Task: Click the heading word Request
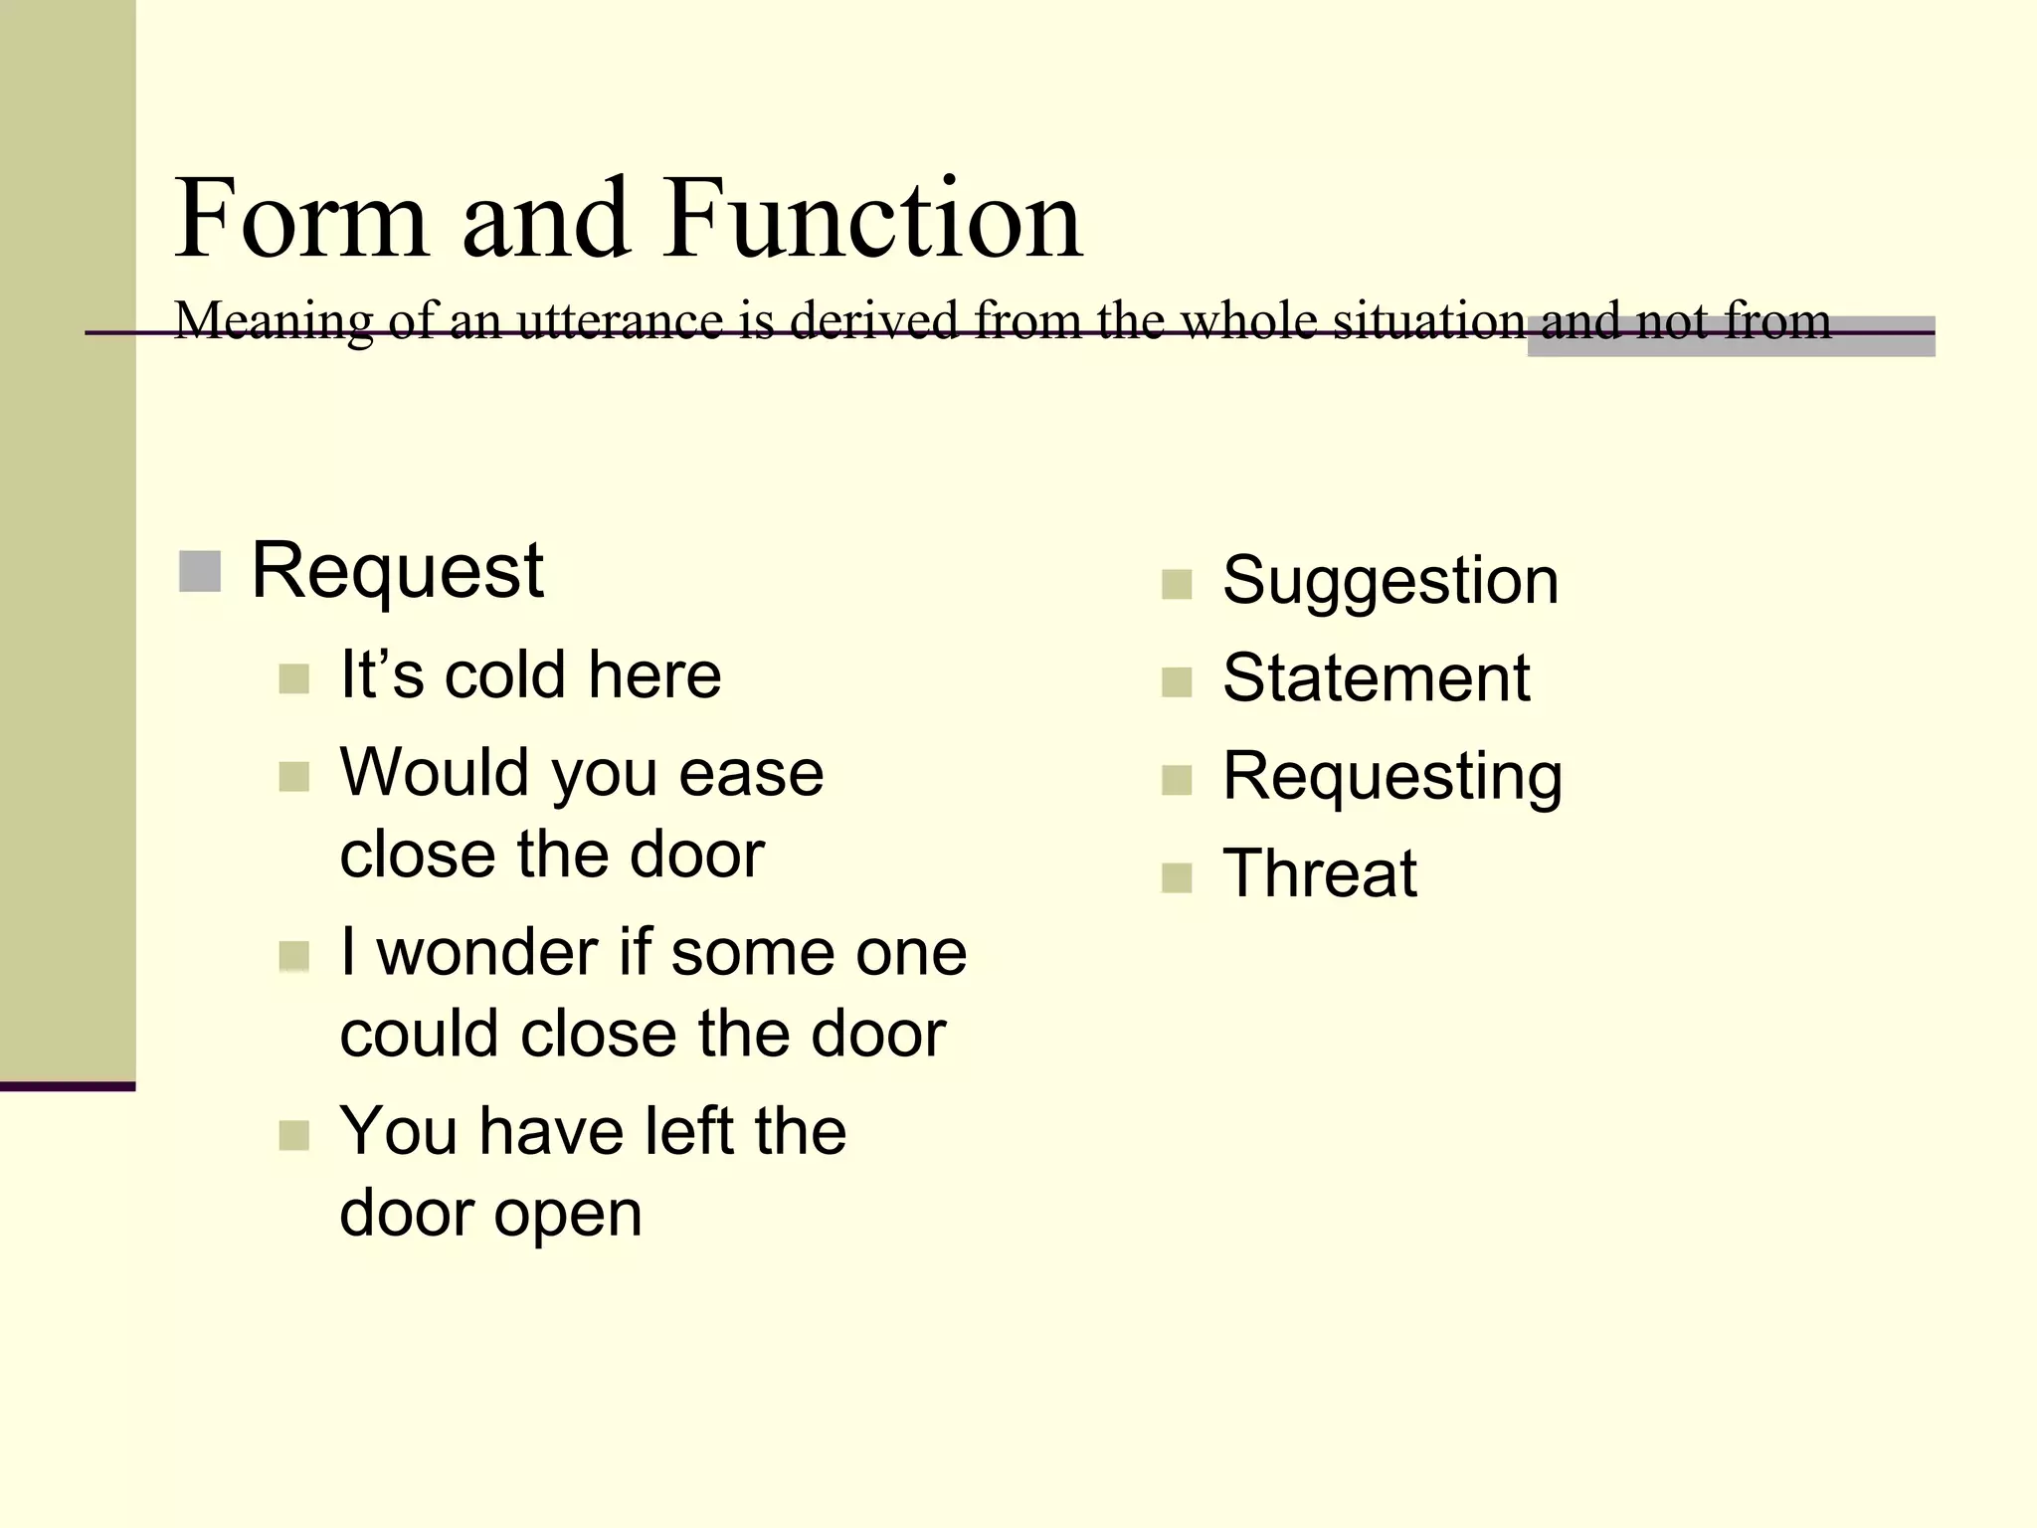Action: point(397,571)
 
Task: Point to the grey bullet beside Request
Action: point(200,571)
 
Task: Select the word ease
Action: point(751,773)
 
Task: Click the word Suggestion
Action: point(1389,581)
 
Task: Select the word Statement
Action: point(1376,678)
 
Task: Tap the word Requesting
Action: point(1391,777)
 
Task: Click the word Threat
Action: point(1319,874)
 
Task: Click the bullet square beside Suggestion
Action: point(1176,584)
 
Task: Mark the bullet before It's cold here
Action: point(293,678)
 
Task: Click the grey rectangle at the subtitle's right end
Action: point(1731,336)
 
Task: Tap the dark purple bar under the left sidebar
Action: point(68,1086)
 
